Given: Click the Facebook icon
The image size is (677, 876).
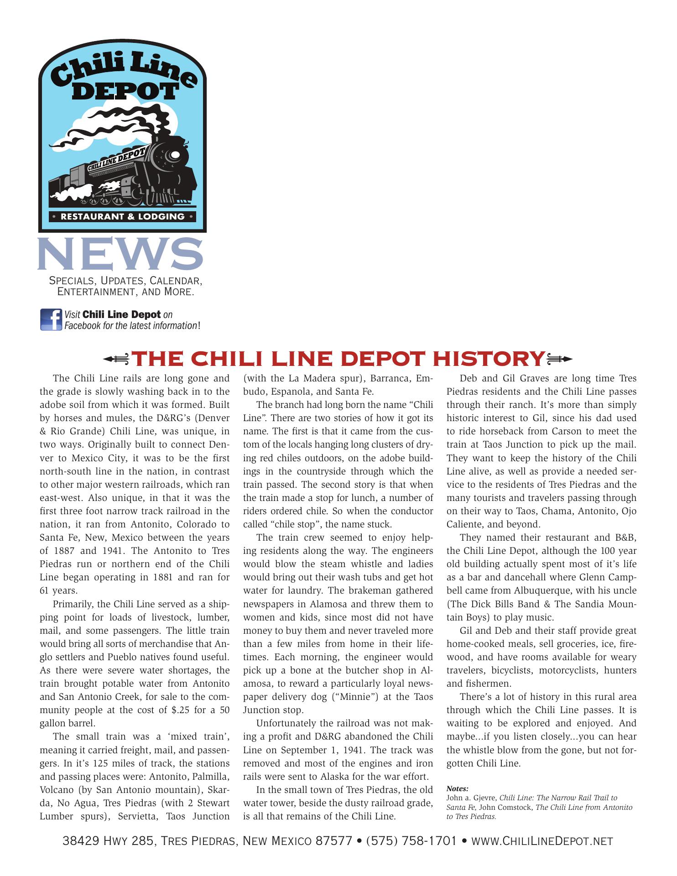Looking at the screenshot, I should pyautogui.click(x=51, y=319).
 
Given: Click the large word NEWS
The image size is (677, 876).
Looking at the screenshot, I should pyautogui.click(x=120, y=254).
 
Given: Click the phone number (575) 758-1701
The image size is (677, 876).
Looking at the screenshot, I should pyautogui.click(x=411, y=841).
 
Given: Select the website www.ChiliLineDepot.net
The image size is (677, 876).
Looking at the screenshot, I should pyautogui.click(x=542, y=841).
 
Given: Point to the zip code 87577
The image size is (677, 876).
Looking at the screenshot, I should pyautogui.click(x=334, y=841).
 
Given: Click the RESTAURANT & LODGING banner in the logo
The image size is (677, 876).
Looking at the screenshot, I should pyautogui.click(x=122, y=216).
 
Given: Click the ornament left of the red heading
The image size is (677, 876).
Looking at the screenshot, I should pyautogui.click(x=116, y=360).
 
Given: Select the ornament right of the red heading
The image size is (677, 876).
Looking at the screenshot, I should pyautogui.click(x=559, y=360).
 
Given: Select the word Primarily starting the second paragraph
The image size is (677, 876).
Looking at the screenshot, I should pyautogui.click(x=74, y=604).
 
